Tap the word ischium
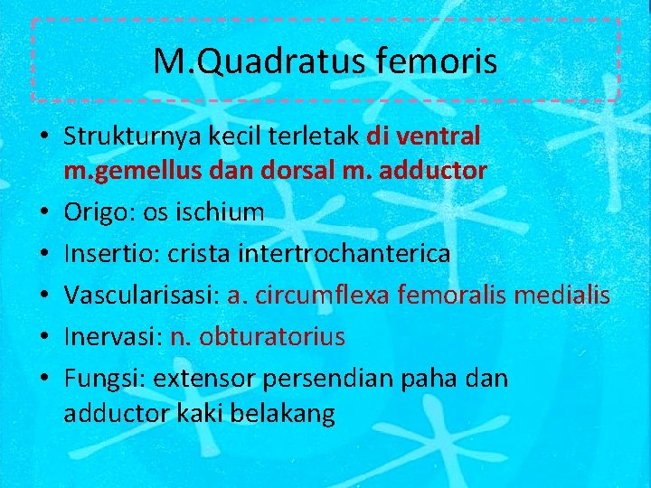click(x=222, y=213)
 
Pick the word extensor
click(x=207, y=379)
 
